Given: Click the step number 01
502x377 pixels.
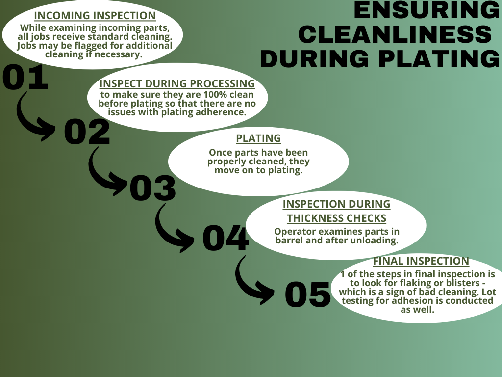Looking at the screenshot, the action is (x=25, y=77).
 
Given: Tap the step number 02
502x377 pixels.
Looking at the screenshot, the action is (x=87, y=132).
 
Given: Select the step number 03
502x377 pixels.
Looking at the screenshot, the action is (x=153, y=188).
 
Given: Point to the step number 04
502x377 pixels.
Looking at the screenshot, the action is (x=226, y=238).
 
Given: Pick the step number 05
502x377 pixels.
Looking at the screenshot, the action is (x=308, y=295).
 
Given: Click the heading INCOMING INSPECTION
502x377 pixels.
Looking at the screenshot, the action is (x=95, y=16).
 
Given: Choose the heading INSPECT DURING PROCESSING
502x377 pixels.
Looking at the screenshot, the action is (x=177, y=83).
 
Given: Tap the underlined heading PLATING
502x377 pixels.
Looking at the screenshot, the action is (x=258, y=138).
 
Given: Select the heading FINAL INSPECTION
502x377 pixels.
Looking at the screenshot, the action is (x=421, y=261).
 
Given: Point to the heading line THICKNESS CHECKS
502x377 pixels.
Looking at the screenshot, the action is (x=336, y=218).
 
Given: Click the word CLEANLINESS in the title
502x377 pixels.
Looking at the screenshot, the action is (x=395, y=34).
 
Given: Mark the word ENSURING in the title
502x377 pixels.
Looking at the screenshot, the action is (x=427, y=10).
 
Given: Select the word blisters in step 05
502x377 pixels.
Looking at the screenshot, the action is (x=463, y=283).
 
